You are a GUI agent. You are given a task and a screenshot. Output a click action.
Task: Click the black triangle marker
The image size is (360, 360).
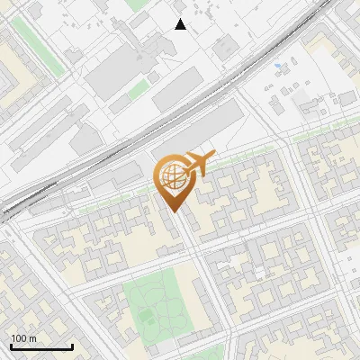click(181, 24)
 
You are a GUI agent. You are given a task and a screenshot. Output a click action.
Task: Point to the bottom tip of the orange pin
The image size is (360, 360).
click(175, 213)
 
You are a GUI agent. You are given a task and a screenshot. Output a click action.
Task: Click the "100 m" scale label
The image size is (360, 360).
click(24, 338)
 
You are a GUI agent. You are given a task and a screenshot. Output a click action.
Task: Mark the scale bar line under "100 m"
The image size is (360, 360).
click(41, 346)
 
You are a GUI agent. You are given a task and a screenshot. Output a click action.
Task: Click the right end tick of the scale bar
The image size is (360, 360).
click(72, 345)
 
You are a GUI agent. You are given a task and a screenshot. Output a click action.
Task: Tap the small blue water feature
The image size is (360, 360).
click(277, 65)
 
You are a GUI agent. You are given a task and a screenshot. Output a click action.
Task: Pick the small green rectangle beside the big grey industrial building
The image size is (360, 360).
click(139, 90)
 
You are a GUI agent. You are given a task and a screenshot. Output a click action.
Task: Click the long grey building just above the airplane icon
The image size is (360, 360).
click(206, 126)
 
